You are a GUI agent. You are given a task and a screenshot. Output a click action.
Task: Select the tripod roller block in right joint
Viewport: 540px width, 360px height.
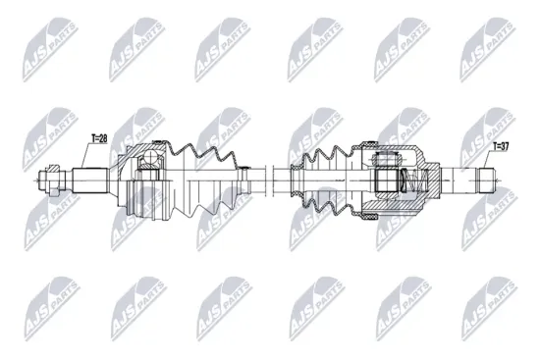pyautogui.click(x=387, y=180)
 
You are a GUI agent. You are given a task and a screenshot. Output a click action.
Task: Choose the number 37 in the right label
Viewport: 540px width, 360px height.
pyautogui.click(x=504, y=147)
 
